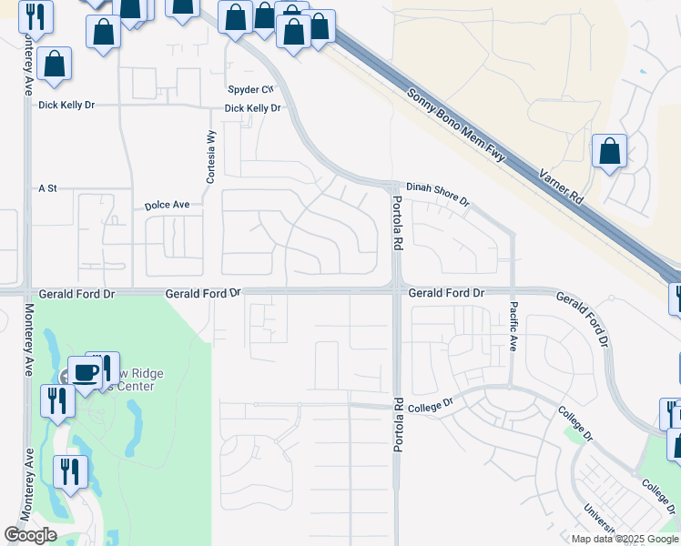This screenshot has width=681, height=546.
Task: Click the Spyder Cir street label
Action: click(x=250, y=89)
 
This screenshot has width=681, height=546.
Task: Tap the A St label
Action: click(x=47, y=188)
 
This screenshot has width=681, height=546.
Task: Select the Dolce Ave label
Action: click(x=167, y=206)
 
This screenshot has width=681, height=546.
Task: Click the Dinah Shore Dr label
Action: click(x=437, y=191)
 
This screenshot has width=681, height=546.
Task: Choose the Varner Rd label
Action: click(x=561, y=186)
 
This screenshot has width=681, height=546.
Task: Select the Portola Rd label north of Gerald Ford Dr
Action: click(x=397, y=224)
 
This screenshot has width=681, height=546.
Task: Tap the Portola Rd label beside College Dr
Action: click(x=397, y=425)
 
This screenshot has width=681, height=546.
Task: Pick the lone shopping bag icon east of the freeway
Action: click(x=609, y=151)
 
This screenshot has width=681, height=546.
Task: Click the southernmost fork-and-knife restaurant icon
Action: click(x=69, y=471)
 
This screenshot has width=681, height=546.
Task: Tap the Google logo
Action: click(x=31, y=535)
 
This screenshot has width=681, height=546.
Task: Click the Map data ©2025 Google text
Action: click(x=623, y=539)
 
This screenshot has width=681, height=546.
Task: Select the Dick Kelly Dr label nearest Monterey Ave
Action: click(x=66, y=106)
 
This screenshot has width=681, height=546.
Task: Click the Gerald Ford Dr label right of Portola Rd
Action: click(x=446, y=293)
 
